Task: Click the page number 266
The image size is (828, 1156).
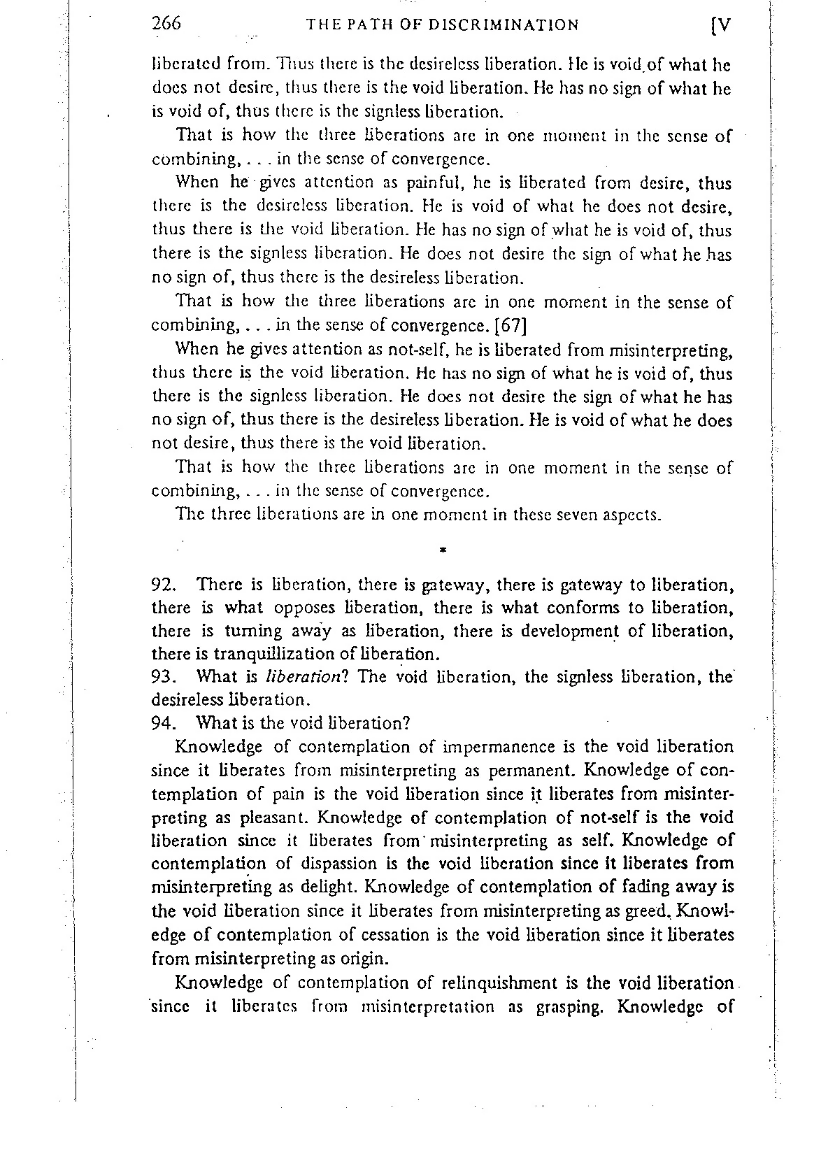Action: pyautogui.click(x=166, y=24)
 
